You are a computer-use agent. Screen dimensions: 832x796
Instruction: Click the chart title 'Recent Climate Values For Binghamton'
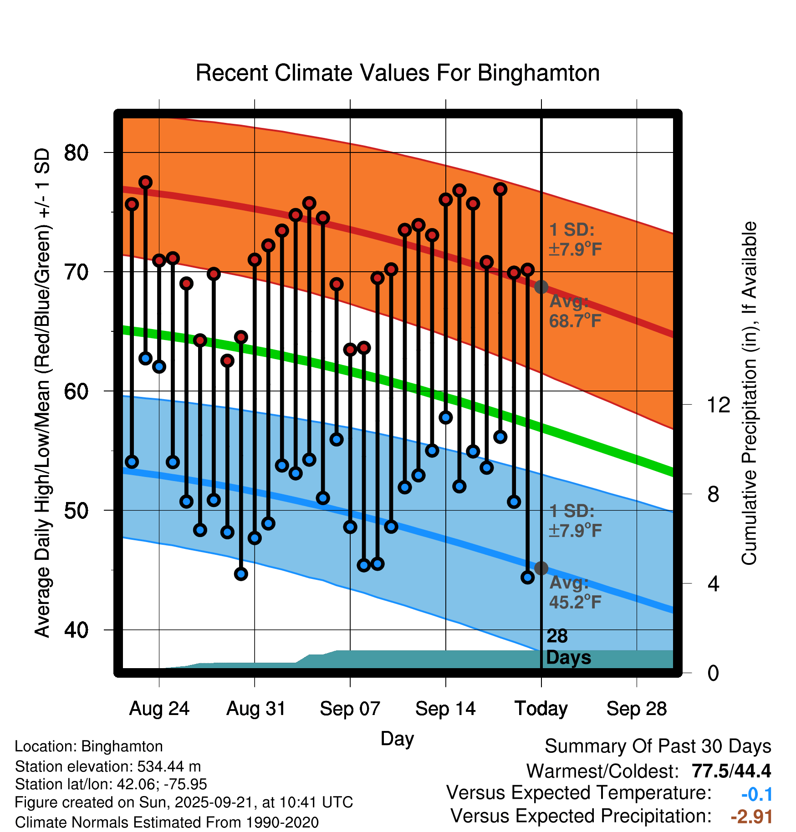(397, 73)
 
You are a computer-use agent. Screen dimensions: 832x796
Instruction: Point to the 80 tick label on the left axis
(76, 152)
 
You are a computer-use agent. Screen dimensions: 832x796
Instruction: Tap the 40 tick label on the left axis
(76, 630)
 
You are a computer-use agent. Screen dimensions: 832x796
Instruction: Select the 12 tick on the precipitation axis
(719, 405)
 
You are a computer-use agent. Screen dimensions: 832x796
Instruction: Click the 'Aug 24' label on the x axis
(159, 709)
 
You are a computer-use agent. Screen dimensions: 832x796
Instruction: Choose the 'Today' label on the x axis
(541, 709)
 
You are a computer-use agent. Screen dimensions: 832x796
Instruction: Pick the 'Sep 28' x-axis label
(636, 709)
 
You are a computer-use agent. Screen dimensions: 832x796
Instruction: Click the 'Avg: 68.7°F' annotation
(575, 312)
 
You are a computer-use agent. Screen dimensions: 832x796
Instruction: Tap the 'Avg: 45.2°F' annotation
(575, 593)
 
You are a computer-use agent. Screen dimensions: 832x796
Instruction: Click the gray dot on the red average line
(541, 287)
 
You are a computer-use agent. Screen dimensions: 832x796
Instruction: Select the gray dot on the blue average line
(541, 568)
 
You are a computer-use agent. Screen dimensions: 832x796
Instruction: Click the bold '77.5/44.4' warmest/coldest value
(731, 771)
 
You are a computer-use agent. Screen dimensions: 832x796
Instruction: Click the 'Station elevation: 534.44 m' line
(108, 766)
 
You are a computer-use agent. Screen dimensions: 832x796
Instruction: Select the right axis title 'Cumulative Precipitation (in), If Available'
(749, 393)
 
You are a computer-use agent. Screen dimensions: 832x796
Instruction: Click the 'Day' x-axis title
(397, 738)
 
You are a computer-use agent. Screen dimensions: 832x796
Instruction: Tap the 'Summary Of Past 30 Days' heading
(658, 746)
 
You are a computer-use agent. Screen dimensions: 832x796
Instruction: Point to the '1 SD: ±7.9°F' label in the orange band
(575, 239)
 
